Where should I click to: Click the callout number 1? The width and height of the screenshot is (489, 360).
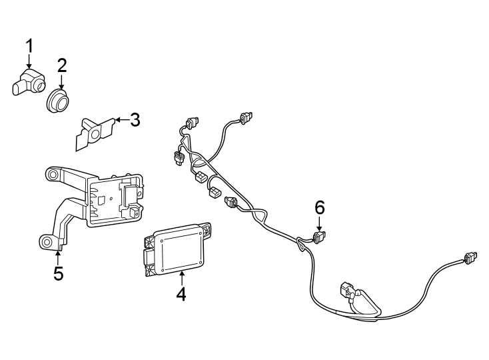[29, 46]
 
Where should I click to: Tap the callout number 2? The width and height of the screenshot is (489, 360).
[62, 65]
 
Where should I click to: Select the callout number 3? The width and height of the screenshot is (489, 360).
[135, 120]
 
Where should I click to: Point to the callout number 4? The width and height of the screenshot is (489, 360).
[181, 293]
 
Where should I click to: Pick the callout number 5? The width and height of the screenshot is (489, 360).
[59, 273]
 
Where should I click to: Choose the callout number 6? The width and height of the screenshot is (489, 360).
[320, 207]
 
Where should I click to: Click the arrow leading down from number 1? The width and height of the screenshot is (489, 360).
[29, 63]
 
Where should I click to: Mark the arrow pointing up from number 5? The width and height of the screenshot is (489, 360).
[59, 255]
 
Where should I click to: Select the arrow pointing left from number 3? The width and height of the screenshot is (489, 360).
[119, 121]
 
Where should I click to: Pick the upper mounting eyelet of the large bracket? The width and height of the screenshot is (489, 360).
[51, 175]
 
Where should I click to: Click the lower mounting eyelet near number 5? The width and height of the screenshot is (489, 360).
[46, 241]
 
